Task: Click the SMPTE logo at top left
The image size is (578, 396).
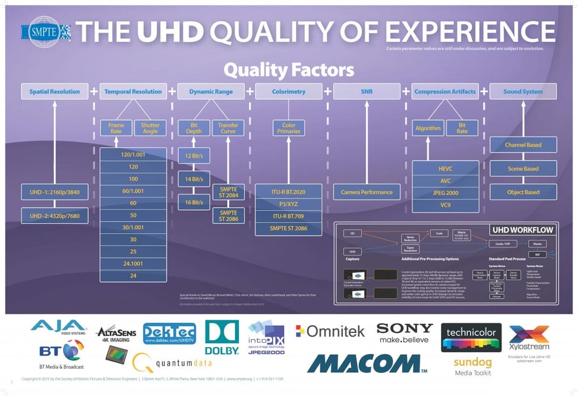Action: [45, 32]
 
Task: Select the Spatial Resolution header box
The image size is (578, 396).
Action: [55, 91]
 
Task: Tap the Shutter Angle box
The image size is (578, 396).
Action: [150, 128]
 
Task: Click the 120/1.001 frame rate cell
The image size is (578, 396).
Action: [133, 155]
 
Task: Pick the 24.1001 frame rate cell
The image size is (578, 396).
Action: [133, 263]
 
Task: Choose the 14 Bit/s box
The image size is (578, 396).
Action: [194, 179]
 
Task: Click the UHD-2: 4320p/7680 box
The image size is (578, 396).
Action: [55, 216]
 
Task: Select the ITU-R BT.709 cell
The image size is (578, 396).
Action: [288, 216]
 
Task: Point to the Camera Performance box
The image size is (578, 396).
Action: [367, 193]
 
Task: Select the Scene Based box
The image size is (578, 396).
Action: [523, 169]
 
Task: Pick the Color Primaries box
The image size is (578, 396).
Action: [288, 128]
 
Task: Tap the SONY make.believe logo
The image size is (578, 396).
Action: [405, 332]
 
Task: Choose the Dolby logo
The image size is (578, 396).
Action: [222, 337]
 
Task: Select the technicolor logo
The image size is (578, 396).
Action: [471, 338]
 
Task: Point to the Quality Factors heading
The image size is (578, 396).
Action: [288, 70]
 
